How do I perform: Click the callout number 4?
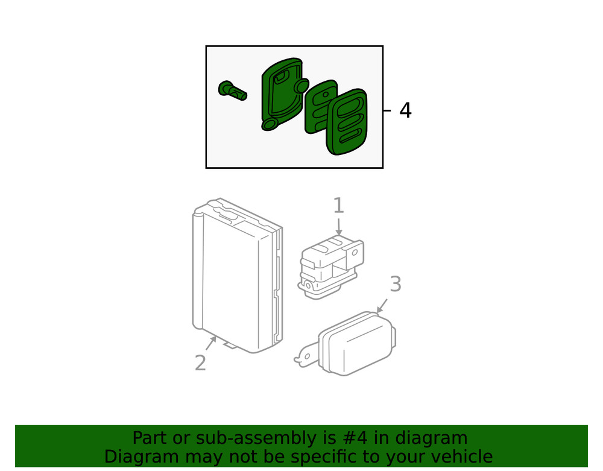[405, 110]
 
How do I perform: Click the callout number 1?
[338, 206]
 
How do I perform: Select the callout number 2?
[200, 362]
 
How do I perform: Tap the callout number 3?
[395, 283]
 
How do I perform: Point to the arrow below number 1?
[339, 227]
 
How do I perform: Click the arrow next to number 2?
[211, 343]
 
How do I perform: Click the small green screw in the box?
[232, 91]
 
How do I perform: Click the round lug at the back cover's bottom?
[270, 124]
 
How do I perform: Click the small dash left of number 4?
[388, 110]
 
